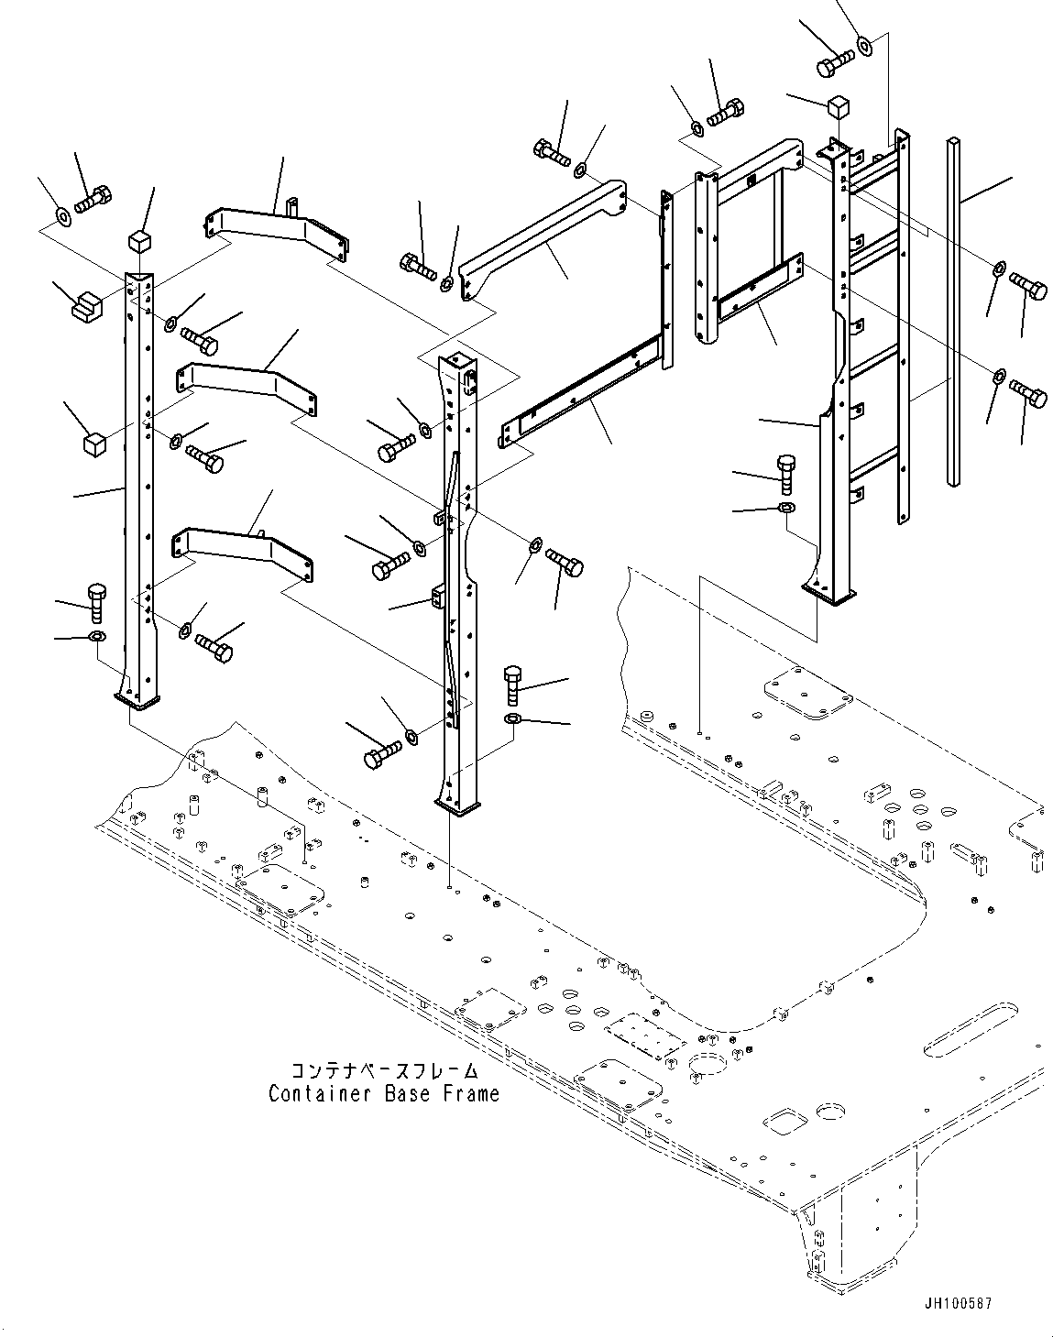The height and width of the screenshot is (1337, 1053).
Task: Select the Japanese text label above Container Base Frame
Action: tap(384, 1070)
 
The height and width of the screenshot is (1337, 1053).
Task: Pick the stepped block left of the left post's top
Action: tap(88, 303)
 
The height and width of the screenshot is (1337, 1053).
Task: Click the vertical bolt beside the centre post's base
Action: tap(513, 685)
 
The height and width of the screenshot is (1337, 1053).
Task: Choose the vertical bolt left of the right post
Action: tap(786, 473)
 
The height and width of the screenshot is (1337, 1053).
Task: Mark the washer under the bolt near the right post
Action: tap(786, 508)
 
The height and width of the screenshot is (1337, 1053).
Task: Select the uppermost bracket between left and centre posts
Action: tap(275, 227)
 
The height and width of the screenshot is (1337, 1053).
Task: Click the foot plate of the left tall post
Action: tap(138, 701)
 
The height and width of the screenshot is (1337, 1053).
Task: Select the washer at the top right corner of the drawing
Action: tap(865, 44)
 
